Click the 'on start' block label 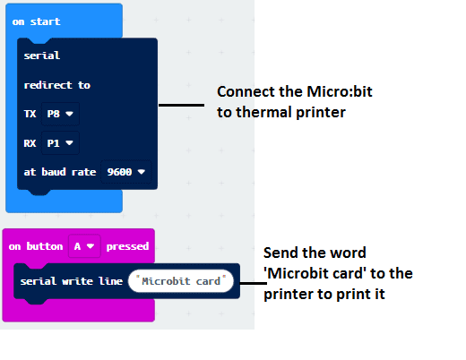[x=36, y=21]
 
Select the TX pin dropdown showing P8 [x=60, y=114]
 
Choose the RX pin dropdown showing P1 [x=60, y=143]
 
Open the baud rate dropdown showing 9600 [x=126, y=172]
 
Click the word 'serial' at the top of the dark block [x=42, y=56]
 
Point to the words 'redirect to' [x=57, y=85]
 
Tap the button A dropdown [x=84, y=246]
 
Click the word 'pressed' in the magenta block [x=127, y=246]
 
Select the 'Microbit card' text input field [x=181, y=281]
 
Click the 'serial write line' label [x=72, y=281]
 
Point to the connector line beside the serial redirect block [x=181, y=105]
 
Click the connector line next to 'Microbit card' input [x=254, y=283]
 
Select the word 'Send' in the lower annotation [x=280, y=253]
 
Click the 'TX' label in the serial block [x=30, y=114]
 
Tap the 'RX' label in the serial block [x=30, y=143]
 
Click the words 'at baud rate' [x=60, y=172]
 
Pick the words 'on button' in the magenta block [x=36, y=246]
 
